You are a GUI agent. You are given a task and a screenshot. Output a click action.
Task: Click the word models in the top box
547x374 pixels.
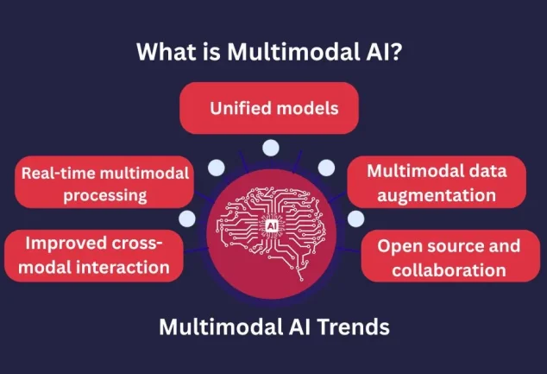(306, 110)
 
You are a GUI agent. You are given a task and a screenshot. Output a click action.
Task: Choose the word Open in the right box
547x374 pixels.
(396, 246)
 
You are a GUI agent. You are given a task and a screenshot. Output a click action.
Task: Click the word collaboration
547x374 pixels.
(448, 269)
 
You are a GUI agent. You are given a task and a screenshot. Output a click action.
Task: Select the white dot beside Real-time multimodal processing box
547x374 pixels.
(217, 167)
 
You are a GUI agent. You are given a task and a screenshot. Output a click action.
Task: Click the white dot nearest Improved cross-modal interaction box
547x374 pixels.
(186, 219)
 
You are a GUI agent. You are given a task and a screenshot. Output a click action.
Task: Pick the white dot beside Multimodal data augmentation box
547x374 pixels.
(326, 167)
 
